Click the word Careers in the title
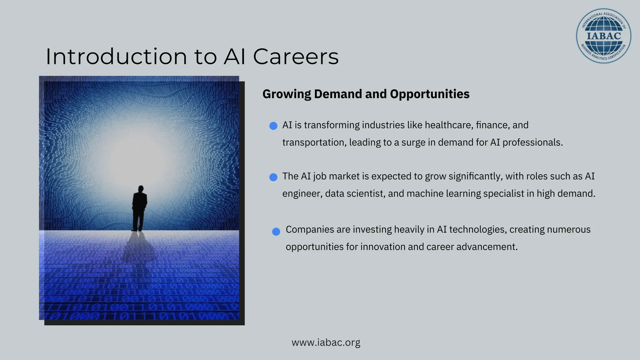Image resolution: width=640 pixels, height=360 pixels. pos(296,57)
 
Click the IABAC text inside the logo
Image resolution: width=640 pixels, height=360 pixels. pos(603,36)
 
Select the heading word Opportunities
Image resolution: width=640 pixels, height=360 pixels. pos(430,94)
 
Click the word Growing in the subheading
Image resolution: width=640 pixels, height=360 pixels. pos(287,94)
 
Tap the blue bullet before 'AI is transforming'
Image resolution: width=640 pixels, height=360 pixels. pos(273,126)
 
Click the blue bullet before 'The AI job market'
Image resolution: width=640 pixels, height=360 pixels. pos(273,177)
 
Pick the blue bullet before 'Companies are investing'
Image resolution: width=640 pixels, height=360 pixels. pos(276,232)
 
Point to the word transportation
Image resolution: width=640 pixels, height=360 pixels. pos(314,142)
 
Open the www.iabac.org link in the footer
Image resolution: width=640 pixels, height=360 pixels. pos(326,342)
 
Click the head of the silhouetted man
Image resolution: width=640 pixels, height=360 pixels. pos(141,189)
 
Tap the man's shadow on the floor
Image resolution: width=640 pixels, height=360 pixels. pos(139,247)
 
